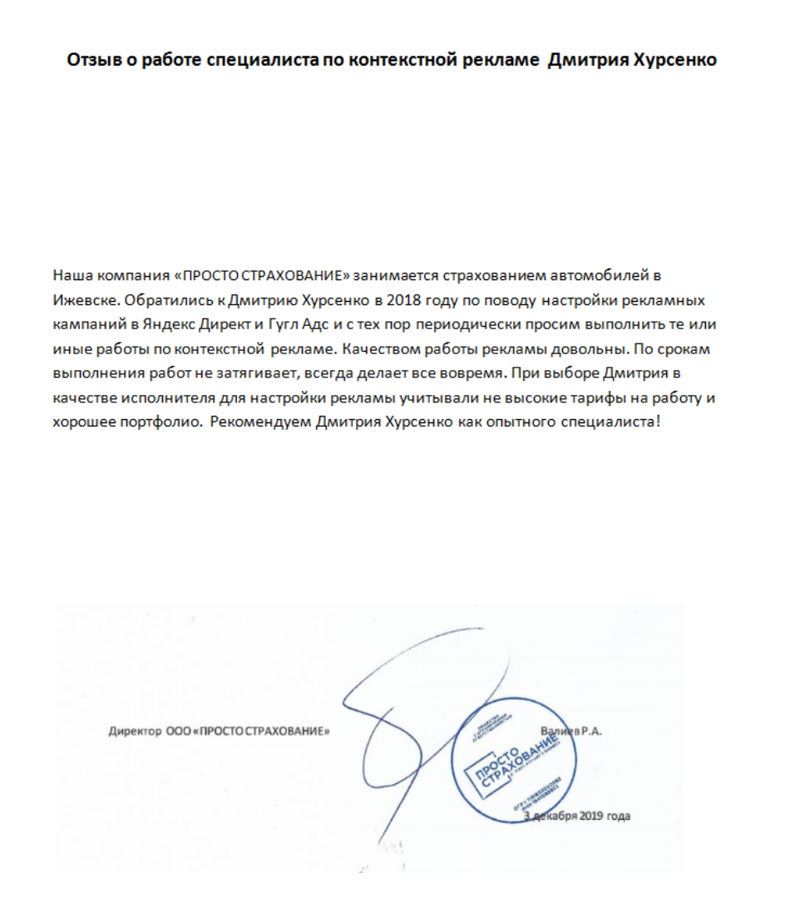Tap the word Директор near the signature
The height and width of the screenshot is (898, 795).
tap(134, 733)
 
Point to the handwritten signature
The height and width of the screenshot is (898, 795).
tap(399, 715)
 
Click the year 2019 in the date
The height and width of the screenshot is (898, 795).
tap(593, 817)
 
